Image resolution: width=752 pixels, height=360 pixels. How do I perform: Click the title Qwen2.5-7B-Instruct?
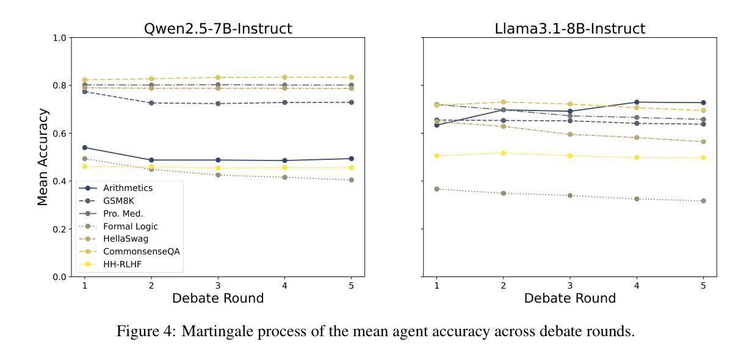click(218, 29)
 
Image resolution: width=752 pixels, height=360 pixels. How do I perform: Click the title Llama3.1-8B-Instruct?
click(570, 29)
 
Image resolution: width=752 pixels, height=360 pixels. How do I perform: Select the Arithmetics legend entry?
click(128, 188)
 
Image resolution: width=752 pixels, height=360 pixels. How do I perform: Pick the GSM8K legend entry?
click(119, 201)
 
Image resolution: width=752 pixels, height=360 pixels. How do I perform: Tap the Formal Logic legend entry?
click(130, 226)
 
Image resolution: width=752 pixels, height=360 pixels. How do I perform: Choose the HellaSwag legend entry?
click(125, 239)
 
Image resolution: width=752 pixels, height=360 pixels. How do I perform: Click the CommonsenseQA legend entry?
click(141, 251)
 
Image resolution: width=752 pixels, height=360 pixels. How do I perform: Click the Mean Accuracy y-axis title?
click(43, 157)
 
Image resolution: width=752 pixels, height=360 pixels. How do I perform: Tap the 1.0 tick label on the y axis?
click(59, 38)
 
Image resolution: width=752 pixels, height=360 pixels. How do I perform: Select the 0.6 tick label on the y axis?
click(59, 134)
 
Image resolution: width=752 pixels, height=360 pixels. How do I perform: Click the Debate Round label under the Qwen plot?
click(218, 298)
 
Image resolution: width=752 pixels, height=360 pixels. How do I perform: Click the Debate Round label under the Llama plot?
click(570, 298)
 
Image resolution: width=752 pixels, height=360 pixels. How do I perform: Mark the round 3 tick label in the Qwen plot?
click(218, 285)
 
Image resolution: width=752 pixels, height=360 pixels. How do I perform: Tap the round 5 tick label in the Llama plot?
click(703, 285)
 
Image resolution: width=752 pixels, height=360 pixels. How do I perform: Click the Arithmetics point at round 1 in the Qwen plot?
click(85, 148)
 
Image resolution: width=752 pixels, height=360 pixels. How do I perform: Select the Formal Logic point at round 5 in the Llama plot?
click(703, 201)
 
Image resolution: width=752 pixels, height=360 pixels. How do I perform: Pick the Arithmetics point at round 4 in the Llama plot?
click(637, 102)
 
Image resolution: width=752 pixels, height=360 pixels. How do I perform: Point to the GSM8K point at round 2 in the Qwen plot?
click(151, 103)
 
